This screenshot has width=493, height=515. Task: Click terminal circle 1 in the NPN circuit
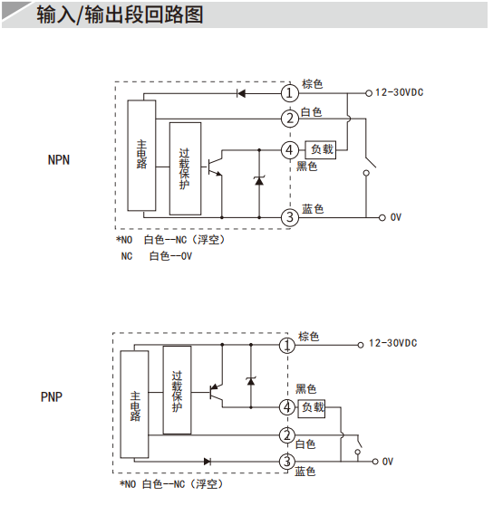click(x=290, y=93)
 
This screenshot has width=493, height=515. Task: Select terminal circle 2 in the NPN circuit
click(x=290, y=119)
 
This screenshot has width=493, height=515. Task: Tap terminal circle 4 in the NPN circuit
click(x=290, y=150)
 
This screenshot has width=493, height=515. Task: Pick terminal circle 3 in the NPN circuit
click(x=290, y=217)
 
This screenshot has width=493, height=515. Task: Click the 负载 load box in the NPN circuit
click(x=321, y=150)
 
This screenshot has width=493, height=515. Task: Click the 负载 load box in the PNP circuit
click(x=312, y=408)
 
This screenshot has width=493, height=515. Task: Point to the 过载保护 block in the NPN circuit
click(x=185, y=169)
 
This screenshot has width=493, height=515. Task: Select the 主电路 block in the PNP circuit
click(x=134, y=405)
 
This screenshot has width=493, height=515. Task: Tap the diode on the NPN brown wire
click(x=241, y=93)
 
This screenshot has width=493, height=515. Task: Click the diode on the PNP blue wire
click(x=208, y=462)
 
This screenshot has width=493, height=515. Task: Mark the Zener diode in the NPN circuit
click(x=259, y=180)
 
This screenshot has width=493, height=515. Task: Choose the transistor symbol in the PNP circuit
click(x=216, y=392)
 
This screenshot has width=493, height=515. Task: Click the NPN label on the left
click(x=59, y=160)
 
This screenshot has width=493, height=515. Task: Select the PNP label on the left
click(x=52, y=396)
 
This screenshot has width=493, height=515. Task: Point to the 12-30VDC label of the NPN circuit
click(x=400, y=92)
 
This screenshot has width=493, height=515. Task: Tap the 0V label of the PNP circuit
click(x=388, y=462)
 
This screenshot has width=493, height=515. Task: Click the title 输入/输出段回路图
click(x=120, y=14)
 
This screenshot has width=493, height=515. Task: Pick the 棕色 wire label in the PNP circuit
click(x=308, y=337)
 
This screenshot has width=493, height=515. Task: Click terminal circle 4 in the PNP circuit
click(x=287, y=407)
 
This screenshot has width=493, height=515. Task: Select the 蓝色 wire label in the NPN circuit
click(x=313, y=209)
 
